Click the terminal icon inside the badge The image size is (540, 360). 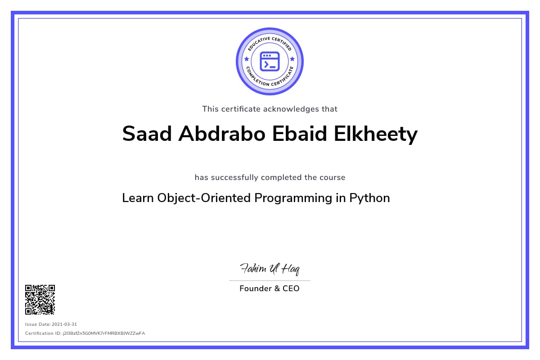[x=270, y=61]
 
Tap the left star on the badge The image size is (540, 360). [x=246, y=59]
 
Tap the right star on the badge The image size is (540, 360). [x=292, y=59]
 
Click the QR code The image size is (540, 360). [x=40, y=299]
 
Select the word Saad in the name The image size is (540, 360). [x=147, y=134]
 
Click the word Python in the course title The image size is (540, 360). [x=369, y=198]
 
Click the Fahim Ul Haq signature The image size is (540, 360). [x=270, y=269]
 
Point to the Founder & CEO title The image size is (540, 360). [x=269, y=288]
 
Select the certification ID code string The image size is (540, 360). [x=104, y=333]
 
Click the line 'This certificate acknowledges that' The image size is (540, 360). [x=270, y=109]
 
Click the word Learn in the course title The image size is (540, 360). [x=138, y=198]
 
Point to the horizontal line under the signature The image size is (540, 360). [x=270, y=280]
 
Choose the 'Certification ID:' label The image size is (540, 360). [x=43, y=333]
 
